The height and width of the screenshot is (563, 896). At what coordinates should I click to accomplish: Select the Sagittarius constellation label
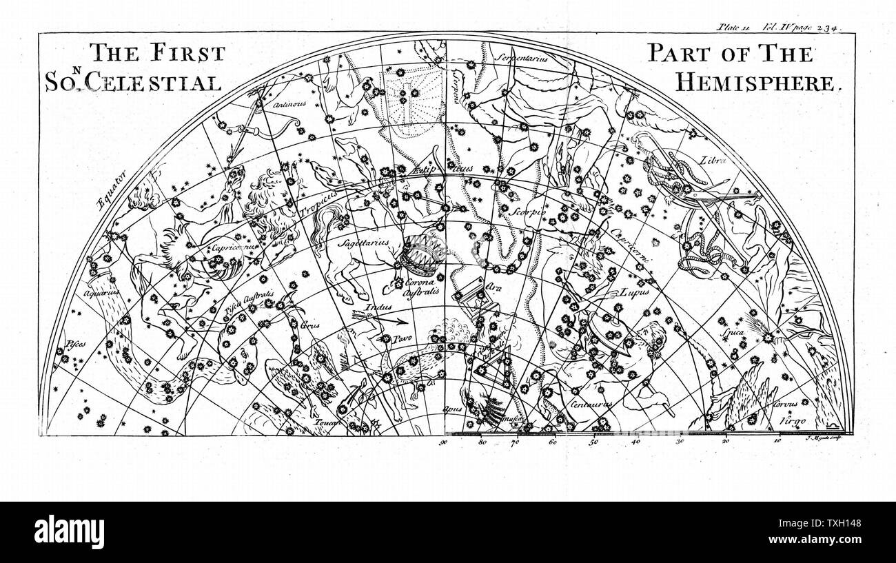pos(363,243)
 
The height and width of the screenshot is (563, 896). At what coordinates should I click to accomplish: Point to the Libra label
pos(713,159)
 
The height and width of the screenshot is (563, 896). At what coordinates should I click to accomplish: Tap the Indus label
pos(378,307)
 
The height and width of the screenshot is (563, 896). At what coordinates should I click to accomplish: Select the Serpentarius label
pos(524,59)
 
